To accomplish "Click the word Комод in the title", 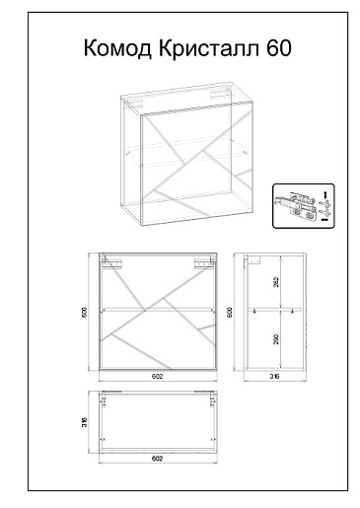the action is pyautogui.click(x=117, y=48).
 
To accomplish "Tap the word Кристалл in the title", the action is pyautogui.click(x=209, y=48).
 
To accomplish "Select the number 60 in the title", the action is pyautogui.click(x=279, y=48).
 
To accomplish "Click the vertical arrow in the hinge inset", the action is pyautogui.click(x=325, y=195).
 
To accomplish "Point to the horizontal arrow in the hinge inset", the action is pyautogui.click(x=324, y=219).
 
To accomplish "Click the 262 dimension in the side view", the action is pyautogui.click(x=276, y=282).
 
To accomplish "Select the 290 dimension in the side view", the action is pyautogui.click(x=276, y=339).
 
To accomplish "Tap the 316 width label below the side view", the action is pyautogui.click(x=274, y=377).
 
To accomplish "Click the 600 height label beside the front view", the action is pyautogui.click(x=84, y=313).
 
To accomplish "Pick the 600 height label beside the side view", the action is pyautogui.click(x=230, y=313).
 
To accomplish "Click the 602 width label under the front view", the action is pyautogui.click(x=157, y=377).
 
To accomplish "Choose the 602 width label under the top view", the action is pyautogui.click(x=157, y=458).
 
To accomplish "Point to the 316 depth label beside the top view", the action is pyautogui.click(x=84, y=422).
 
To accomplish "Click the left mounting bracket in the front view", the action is pyautogui.click(x=111, y=263).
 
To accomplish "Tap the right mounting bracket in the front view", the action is pyautogui.click(x=204, y=263).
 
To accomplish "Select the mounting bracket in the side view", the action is pyautogui.click(x=254, y=260).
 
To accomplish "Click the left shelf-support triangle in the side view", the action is pyautogui.click(x=254, y=312).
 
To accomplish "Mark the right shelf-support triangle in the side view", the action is pyautogui.click(x=292, y=312).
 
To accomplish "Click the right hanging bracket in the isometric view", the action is pyautogui.click(x=219, y=93).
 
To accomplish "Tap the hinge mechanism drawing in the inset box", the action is pyautogui.click(x=297, y=206).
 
